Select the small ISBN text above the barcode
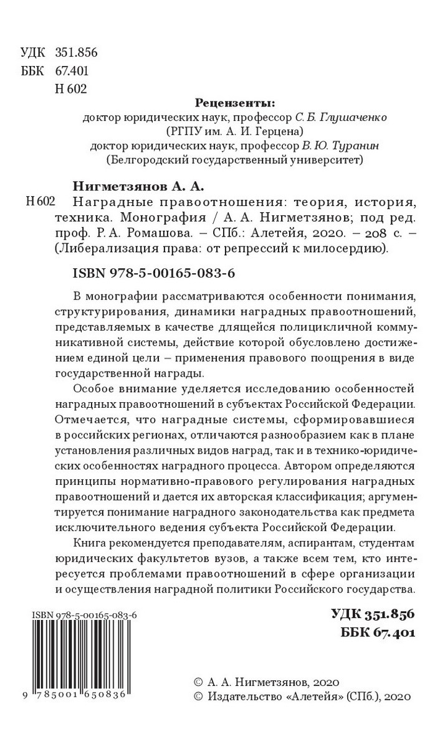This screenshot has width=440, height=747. point(84,615)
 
